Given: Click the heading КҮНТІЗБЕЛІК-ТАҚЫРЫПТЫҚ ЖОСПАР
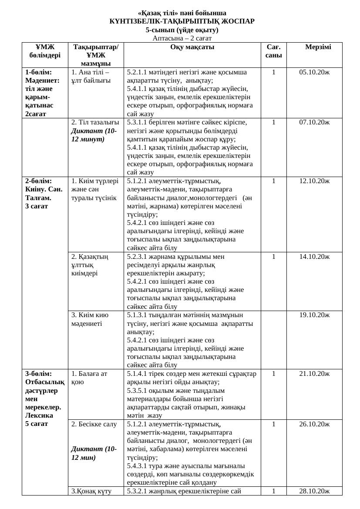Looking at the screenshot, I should (x=182, y=21).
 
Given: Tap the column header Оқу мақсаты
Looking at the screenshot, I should (x=192, y=47).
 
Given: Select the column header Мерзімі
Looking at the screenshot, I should (x=318, y=47).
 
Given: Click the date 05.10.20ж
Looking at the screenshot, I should (x=314, y=72).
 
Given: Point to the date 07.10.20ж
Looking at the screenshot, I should (x=314, y=123).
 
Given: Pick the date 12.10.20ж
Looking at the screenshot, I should (x=314, y=181).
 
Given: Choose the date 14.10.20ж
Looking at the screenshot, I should (x=314, y=257).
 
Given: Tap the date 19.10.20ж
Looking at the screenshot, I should (x=314, y=315).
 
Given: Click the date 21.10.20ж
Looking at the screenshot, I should (x=314, y=374).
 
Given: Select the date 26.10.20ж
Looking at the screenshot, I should (x=314, y=424).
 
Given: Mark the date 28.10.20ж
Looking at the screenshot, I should (x=314, y=491).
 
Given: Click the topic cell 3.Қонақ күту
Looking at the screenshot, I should (x=91, y=491).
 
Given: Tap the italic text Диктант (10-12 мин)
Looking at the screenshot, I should (x=94, y=453).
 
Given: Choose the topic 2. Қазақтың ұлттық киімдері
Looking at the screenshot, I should (x=90, y=265).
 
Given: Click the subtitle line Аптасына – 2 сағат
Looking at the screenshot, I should (x=182, y=38).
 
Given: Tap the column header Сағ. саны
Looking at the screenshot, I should (x=273, y=51).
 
